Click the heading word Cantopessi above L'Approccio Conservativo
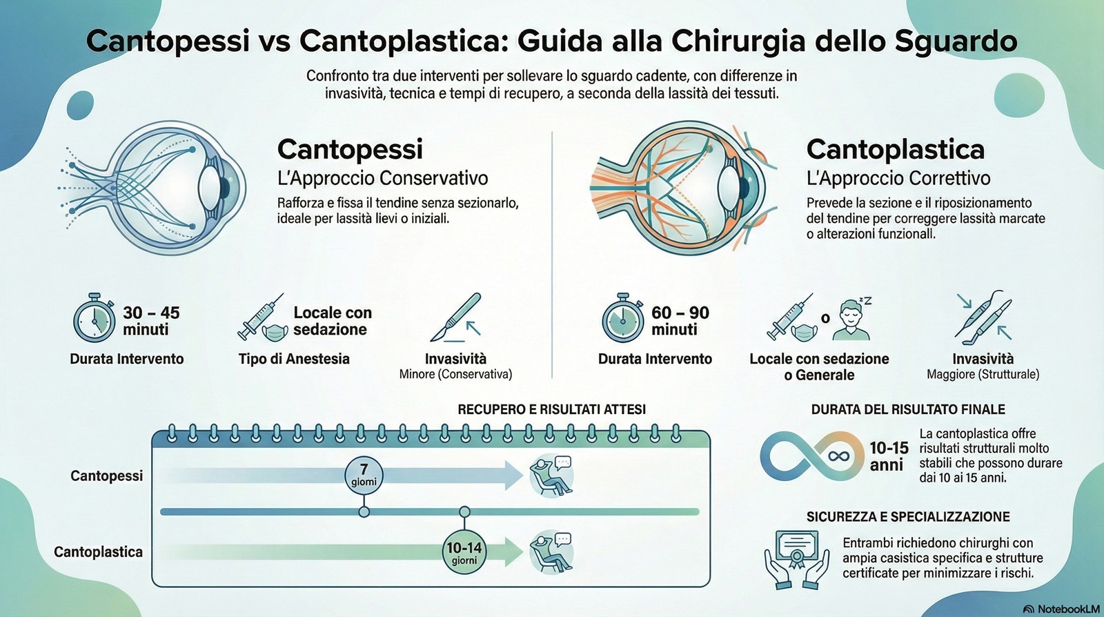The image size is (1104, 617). point(350,149)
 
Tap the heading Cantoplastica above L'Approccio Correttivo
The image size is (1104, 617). point(895,149)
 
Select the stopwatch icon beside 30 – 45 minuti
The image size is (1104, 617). point(95,319)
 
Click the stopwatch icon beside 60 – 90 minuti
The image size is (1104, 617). point(623,319)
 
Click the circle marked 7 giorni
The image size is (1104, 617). point(364,475)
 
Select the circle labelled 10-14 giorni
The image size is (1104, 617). point(464,551)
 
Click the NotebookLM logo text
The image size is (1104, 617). point(1061,609)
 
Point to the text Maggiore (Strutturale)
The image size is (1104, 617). point(983,375)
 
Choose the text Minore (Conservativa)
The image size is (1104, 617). point(455,375)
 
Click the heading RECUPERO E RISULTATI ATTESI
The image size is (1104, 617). point(551,409)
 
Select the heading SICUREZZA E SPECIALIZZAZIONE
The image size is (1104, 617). point(908,516)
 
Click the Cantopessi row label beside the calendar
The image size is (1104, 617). point(106,476)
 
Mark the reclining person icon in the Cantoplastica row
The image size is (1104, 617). point(551,552)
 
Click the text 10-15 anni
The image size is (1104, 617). point(888,456)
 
